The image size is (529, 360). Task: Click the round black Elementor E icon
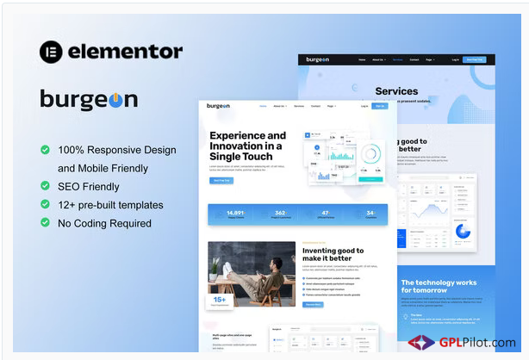coord(52,52)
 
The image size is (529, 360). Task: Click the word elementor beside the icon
coord(126,52)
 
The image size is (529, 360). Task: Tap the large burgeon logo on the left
coord(89,100)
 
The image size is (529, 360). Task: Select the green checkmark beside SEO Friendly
coord(45,186)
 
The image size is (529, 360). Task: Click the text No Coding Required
coord(104,223)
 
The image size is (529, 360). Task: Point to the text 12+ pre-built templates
coord(110,205)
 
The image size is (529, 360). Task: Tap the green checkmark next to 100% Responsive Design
coord(45,150)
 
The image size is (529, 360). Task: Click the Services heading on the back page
coord(396,91)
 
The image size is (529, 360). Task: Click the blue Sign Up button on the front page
coord(380,106)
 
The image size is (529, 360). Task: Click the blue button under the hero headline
coord(221,180)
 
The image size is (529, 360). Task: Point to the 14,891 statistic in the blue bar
coord(236,213)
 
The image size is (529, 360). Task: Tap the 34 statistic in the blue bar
coord(370,213)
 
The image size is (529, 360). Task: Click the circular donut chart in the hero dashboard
coord(370,155)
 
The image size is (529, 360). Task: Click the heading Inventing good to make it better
coord(333,255)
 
